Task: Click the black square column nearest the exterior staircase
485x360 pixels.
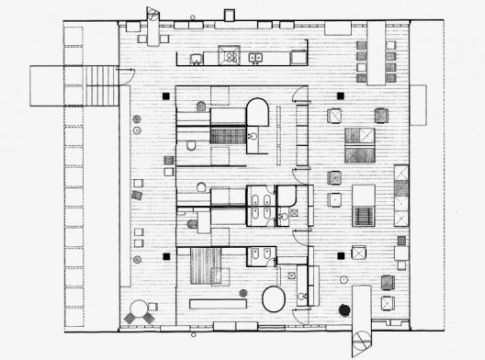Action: [166, 95]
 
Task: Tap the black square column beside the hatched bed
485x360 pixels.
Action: [166, 256]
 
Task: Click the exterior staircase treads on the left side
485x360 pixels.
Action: [102, 85]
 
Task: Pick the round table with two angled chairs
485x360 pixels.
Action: [139, 310]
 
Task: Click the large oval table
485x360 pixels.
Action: [274, 299]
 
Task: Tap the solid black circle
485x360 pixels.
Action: [344, 310]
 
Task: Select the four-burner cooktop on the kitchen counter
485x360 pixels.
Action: [230, 57]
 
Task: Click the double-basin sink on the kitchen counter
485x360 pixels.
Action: [257, 58]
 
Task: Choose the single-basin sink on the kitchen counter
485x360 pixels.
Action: [197, 60]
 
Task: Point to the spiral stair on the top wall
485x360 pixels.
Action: [153, 20]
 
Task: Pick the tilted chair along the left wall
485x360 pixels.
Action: [138, 195]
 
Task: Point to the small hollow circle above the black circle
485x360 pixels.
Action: [343, 279]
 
